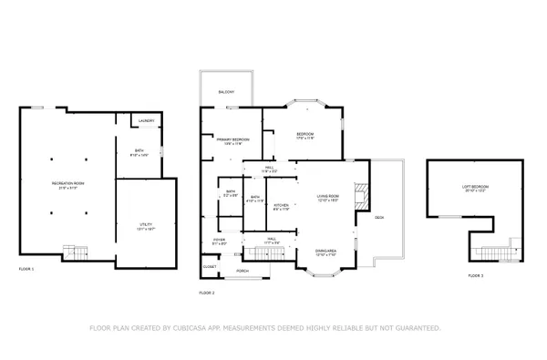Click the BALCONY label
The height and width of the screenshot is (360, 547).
pos(228,92)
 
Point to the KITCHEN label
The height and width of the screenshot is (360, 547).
pos(283,205)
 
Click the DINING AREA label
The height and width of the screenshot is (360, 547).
pos(326,251)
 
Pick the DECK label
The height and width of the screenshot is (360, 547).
pos(379,217)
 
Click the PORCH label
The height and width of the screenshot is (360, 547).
pos(243,272)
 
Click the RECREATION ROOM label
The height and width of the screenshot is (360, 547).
pos(68,185)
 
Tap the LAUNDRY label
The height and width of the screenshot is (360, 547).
pos(146,121)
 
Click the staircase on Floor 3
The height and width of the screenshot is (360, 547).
pos(497,252)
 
